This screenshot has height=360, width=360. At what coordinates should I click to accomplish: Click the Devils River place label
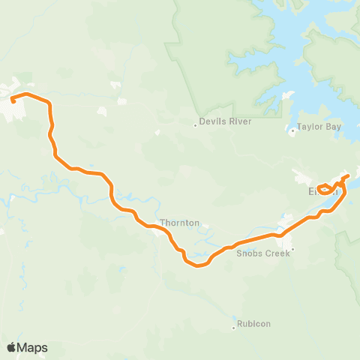[x=225, y=122]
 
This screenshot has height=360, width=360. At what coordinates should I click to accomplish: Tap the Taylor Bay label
[x=319, y=127]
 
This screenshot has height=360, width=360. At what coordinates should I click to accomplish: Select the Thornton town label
[x=180, y=223]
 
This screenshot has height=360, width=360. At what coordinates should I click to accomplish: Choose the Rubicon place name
[x=253, y=324]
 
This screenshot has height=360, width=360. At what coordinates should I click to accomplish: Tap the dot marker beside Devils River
[x=196, y=125]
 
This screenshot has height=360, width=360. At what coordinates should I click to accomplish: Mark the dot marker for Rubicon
[x=233, y=319]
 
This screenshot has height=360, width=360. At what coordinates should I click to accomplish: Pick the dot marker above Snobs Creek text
[x=293, y=248]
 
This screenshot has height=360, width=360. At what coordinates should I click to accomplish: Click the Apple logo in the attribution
[x=13, y=347]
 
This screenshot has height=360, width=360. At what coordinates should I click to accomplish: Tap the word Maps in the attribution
[x=34, y=347]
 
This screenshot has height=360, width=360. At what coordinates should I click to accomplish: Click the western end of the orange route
[x=13, y=99]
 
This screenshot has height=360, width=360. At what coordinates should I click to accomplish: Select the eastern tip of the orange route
[x=348, y=176]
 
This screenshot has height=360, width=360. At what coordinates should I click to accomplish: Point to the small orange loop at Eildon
[x=325, y=189]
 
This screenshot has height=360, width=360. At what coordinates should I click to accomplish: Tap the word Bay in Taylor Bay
[x=333, y=127]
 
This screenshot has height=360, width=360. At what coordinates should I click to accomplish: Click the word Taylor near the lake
[x=310, y=127]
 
